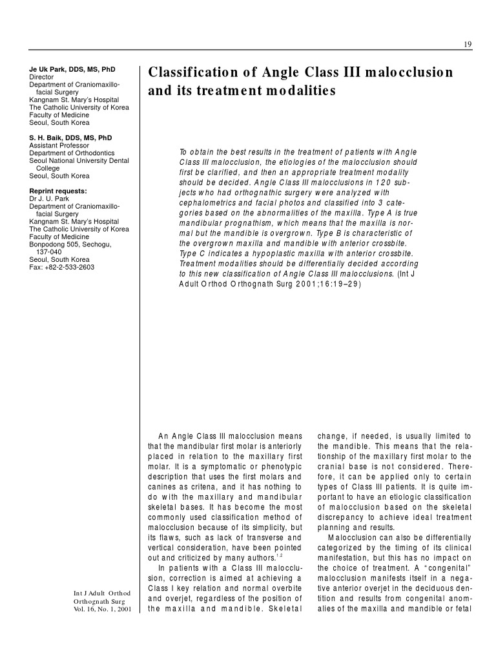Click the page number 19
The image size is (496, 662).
point(468,44)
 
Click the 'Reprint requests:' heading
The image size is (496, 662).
point(58,191)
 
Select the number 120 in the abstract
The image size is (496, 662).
point(384,183)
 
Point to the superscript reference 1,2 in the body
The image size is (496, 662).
point(279,555)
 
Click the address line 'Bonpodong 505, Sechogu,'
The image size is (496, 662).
point(70,244)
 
